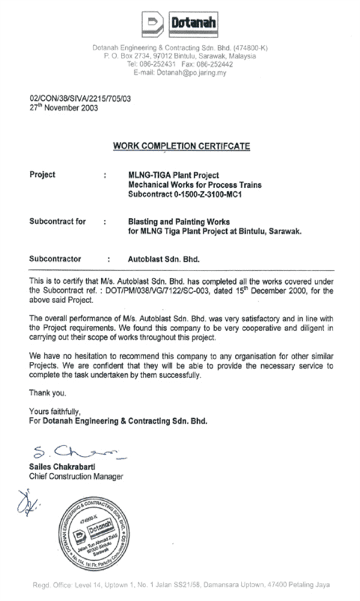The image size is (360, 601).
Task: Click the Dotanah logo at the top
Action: click(x=180, y=25)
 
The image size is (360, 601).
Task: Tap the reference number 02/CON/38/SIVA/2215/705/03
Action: click(x=80, y=100)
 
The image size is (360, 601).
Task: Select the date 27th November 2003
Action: click(x=64, y=108)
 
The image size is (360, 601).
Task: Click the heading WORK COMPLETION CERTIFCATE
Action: click(x=181, y=146)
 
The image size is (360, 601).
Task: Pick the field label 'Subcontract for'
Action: click(x=58, y=222)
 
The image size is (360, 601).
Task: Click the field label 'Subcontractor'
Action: click(x=55, y=259)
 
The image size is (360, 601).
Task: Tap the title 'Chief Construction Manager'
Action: click(x=76, y=476)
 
